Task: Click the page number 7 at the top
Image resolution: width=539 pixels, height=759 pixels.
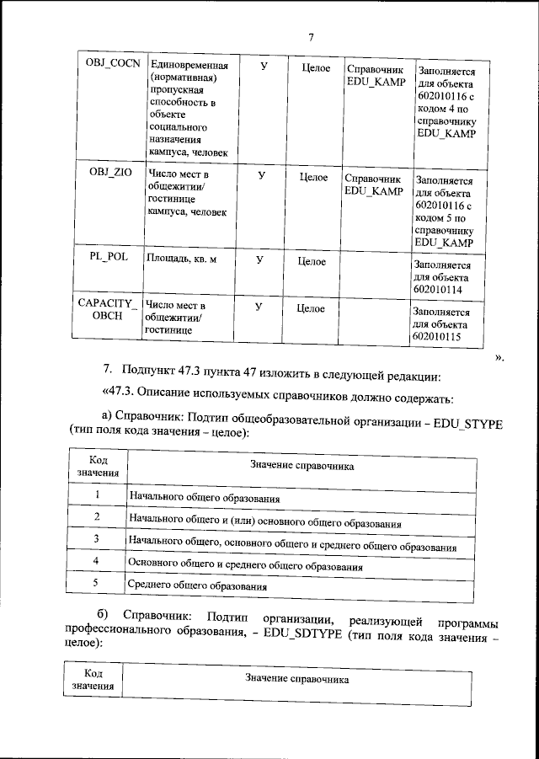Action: point(311,37)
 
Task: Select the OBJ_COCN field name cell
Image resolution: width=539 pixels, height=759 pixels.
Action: point(109,66)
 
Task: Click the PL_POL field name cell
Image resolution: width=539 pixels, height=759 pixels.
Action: point(109,258)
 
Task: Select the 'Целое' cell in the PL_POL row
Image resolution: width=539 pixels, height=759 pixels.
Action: point(312,262)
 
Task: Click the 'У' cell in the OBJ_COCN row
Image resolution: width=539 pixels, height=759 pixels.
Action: point(264,67)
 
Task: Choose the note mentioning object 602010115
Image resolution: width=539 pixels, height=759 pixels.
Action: point(442,323)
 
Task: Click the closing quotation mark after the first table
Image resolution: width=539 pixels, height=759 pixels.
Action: point(499,358)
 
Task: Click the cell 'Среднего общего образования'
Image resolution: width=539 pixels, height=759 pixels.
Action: point(197,585)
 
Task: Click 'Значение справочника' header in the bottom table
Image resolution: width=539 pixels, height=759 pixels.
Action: point(296,679)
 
